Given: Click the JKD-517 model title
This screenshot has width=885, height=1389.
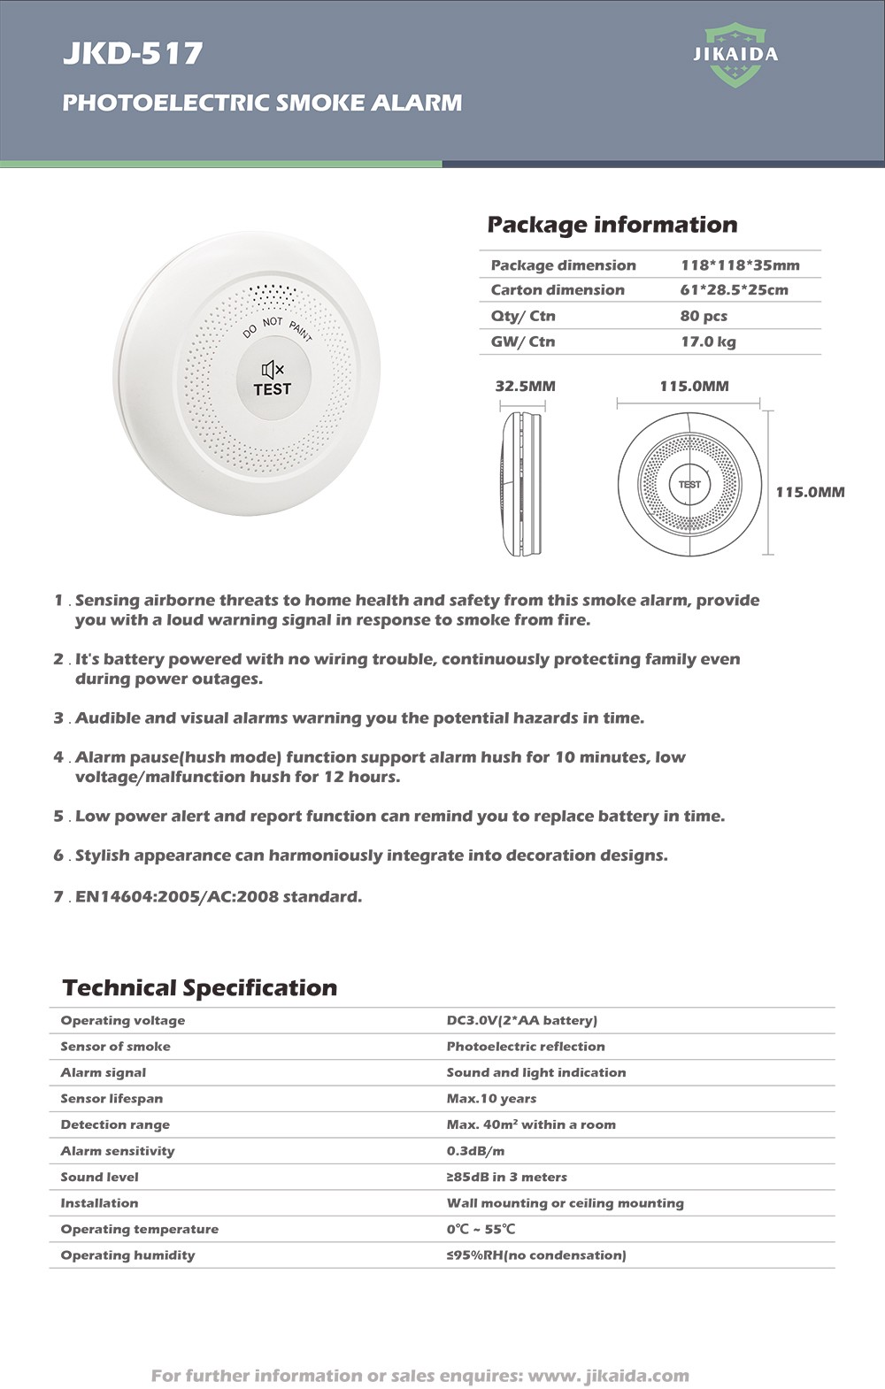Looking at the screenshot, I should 133,54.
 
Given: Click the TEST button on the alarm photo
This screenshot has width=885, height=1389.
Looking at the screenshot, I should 272,389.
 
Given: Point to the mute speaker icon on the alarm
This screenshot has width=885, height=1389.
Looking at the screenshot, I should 272,370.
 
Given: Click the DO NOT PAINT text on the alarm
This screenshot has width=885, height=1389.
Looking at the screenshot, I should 278,326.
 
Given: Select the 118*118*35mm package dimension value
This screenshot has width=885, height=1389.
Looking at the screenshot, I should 740,265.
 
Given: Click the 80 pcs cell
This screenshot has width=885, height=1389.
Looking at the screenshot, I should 704,316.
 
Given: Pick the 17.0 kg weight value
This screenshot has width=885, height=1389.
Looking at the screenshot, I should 708,341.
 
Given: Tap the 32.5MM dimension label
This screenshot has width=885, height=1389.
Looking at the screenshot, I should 525,386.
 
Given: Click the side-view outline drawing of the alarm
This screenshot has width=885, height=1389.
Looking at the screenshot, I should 522,483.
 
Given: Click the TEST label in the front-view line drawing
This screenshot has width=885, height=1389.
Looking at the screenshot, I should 689,485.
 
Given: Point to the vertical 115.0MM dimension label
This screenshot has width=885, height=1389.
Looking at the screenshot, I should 810,492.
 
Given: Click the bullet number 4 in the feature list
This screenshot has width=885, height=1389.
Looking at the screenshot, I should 58,757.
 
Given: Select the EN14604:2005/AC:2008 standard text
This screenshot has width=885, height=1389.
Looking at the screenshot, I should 219,896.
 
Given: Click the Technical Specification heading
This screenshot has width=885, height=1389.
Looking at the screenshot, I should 200,987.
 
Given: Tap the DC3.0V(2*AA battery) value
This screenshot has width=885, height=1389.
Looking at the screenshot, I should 521,1020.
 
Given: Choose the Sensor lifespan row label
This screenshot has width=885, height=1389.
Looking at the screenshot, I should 112,1099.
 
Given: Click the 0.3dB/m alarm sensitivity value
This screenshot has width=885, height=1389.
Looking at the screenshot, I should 475,1151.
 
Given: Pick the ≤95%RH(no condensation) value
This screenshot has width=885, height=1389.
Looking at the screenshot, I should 535,1255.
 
